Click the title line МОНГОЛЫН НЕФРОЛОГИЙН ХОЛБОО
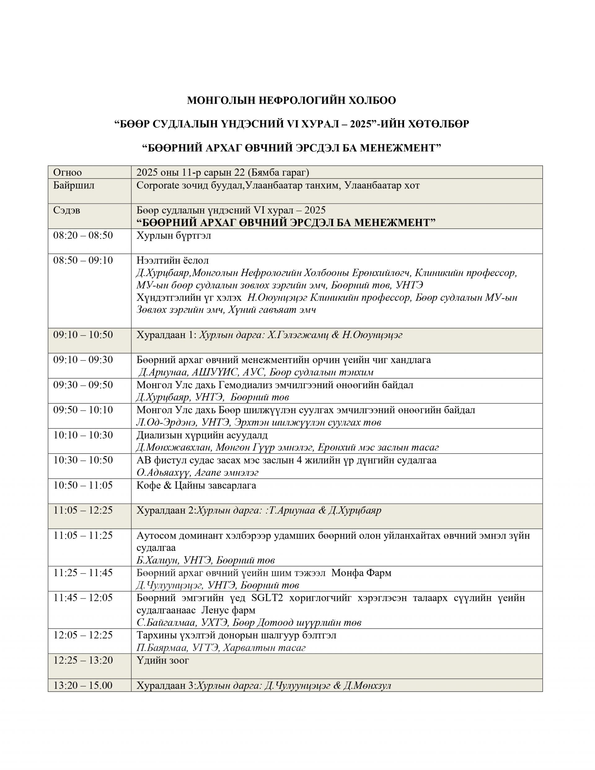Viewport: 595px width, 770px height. click(x=291, y=100)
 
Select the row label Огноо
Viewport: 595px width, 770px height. click(x=67, y=172)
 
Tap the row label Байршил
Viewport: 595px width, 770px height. click(x=74, y=185)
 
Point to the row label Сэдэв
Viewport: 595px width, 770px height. click(x=67, y=210)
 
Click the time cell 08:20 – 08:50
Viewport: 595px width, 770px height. click(x=83, y=235)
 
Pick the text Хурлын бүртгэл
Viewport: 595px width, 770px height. click(x=174, y=235)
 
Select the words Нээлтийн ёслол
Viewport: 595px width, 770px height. click(x=173, y=261)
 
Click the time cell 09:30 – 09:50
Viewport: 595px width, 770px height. click(x=83, y=385)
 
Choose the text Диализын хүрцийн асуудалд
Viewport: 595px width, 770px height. click(x=202, y=435)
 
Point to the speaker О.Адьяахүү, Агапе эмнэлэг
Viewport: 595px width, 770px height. click(x=197, y=473)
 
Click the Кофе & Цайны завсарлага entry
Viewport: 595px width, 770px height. click(x=196, y=486)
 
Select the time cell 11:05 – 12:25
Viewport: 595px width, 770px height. click(x=83, y=511)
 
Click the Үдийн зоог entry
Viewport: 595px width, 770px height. click(x=163, y=660)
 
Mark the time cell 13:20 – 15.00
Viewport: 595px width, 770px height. click(x=83, y=685)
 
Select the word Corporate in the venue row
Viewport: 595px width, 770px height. click(x=158, y=185)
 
